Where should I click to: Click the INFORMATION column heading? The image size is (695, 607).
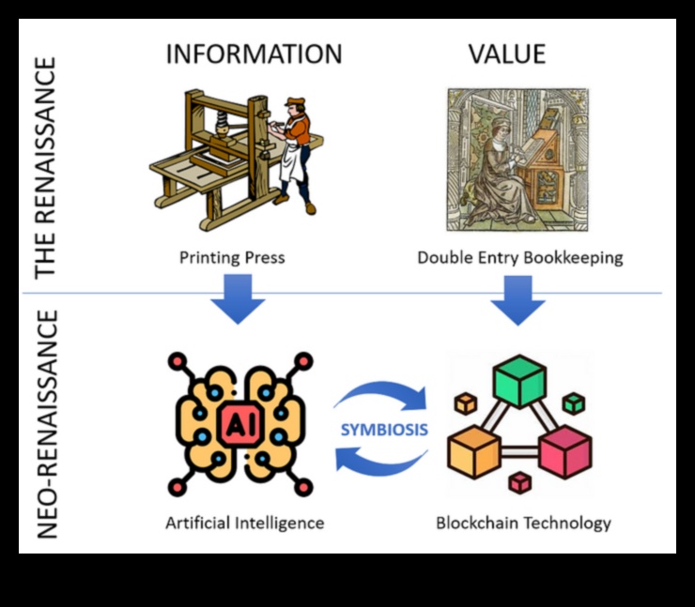[254, 54]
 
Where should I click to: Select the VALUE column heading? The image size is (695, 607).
[507, 54]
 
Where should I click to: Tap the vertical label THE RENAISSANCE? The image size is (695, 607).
[46, 167]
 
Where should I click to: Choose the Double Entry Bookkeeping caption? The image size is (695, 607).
[519, 257]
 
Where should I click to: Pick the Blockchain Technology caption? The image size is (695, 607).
[523, 523]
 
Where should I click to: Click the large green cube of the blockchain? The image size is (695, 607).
[519, 381]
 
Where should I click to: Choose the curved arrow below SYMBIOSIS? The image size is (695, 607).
[380, 462]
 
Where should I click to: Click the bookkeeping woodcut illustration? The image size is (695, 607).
[517, 159]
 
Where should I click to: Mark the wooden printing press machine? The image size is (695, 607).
[211, 159]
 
